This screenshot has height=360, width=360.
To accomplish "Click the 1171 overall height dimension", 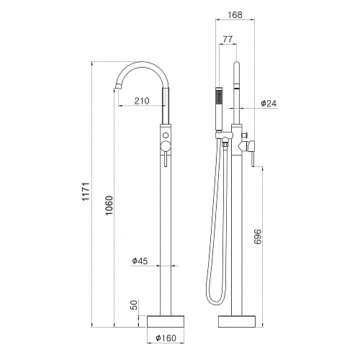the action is point(86,192).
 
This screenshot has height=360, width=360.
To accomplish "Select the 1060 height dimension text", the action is point(109,205).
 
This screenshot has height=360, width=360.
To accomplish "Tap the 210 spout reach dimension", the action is point(142,101).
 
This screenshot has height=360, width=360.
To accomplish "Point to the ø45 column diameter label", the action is point(140,261).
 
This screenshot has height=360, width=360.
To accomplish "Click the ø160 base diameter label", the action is point(166,338).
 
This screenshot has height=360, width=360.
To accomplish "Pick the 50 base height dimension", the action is point(135,305).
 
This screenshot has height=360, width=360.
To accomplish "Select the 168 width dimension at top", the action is point(235,14).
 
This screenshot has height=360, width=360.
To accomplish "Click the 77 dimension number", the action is point(228,39).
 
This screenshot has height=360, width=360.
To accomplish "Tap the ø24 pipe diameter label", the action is point(269,104).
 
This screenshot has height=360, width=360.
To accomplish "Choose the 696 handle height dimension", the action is point(257,237).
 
